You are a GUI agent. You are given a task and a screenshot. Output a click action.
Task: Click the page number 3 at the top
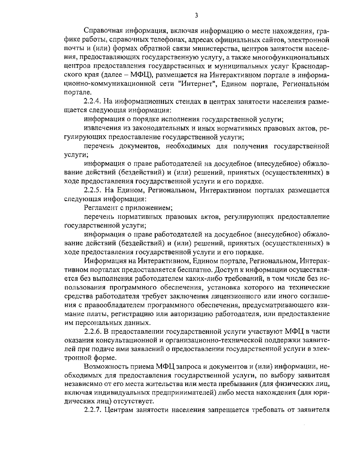196,15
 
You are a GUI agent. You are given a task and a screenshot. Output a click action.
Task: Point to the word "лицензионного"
232,297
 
